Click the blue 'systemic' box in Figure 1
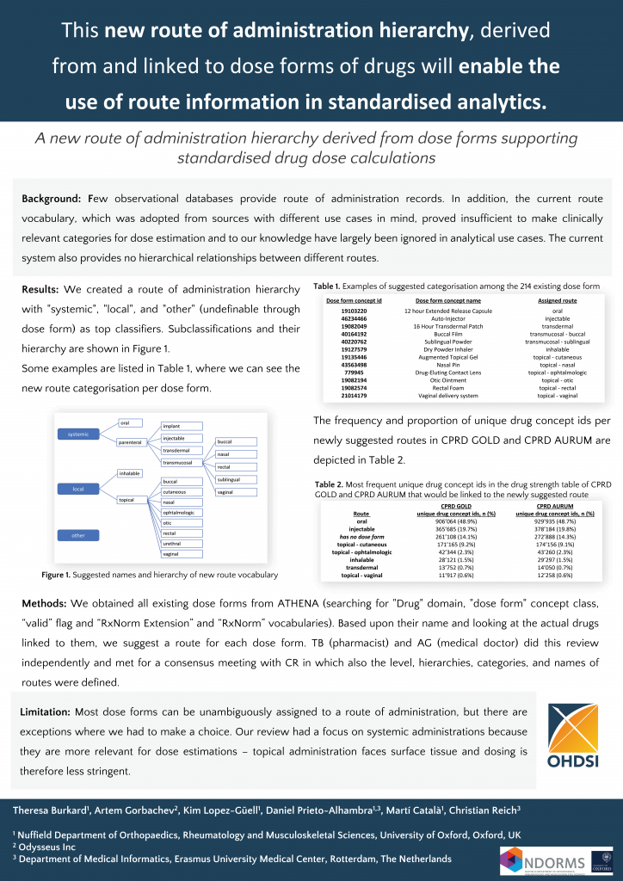(79, 434)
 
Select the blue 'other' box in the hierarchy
(79, 535)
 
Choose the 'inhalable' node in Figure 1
(131, 473)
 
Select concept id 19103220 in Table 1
(355, 310)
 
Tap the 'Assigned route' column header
(557, 299)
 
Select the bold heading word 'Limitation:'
(46, 712)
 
